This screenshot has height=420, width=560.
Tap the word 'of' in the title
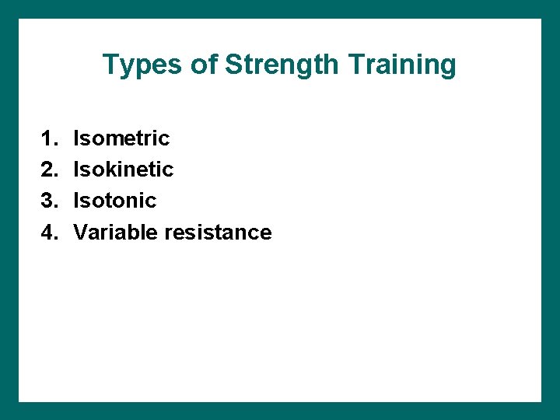[205, 65]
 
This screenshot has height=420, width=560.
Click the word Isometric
[121, 138]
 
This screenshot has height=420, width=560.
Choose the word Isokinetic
[123, 170]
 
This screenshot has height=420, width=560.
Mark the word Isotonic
[114, 201]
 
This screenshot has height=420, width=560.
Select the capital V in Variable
[79, 233]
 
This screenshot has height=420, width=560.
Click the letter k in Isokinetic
[108, 170]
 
